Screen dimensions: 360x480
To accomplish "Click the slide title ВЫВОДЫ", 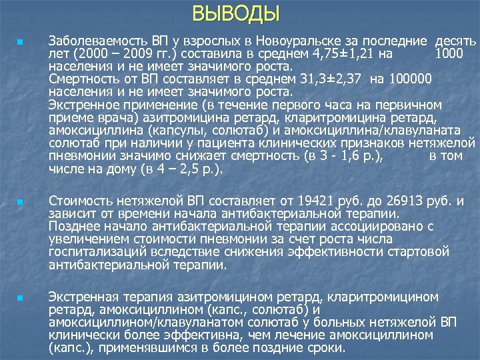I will click(236, 13).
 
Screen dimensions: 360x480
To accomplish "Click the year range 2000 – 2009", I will click(109, 55).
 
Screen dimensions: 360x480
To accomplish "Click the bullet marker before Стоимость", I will click(21, 201).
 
